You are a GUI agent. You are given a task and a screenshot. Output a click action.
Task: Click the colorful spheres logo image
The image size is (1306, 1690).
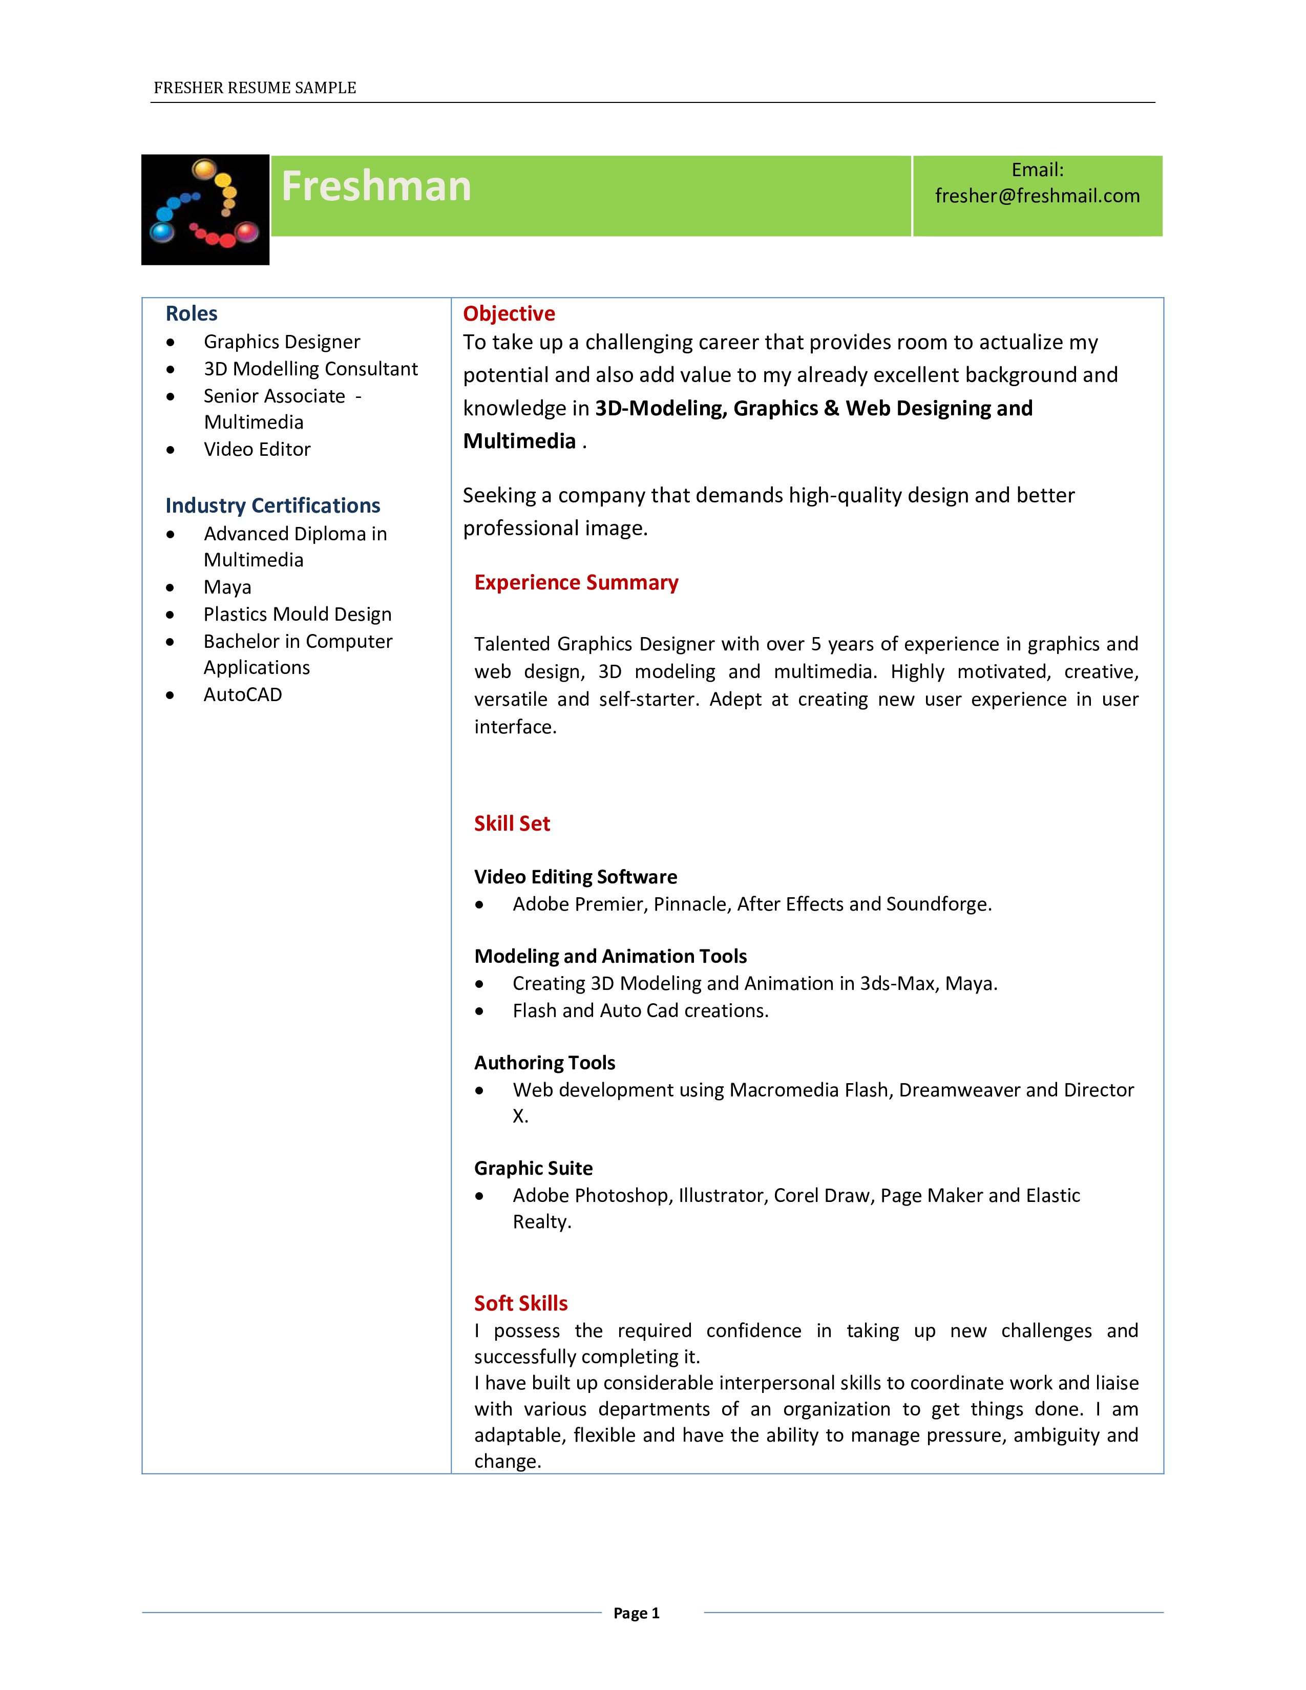coord(205,209)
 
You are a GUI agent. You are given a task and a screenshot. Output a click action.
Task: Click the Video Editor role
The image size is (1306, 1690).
coord(257,450)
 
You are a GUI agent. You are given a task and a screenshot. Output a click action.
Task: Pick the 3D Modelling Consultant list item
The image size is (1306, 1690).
coord(310,369)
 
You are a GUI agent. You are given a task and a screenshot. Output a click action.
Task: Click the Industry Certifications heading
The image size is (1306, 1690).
coord(272,505)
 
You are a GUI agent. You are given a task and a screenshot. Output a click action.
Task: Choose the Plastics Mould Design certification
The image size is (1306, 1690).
coord(297,615)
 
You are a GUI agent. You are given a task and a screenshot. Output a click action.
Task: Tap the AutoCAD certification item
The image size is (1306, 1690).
coord(242,695)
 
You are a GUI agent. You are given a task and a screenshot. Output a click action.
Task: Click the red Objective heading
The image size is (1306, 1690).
coord(509,313)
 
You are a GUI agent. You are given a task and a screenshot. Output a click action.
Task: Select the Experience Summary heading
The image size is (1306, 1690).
coord(576,583)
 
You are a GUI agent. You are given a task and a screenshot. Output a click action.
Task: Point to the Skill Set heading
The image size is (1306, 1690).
coord(512,823)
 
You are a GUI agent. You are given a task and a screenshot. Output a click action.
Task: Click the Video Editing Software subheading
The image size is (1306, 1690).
coord(576,877)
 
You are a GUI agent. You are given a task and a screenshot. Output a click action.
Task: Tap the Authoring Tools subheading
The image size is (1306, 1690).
coord(545,1063)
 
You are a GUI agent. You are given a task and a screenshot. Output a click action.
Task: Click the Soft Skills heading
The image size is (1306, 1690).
coord(521,1303)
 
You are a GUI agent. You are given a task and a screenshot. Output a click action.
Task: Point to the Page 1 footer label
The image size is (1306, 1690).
coord(636,1613)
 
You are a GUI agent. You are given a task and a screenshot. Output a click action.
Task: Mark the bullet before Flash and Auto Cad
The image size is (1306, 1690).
coord(480,1011)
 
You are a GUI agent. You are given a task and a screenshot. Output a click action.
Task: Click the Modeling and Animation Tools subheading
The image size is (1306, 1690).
coord(610,957)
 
